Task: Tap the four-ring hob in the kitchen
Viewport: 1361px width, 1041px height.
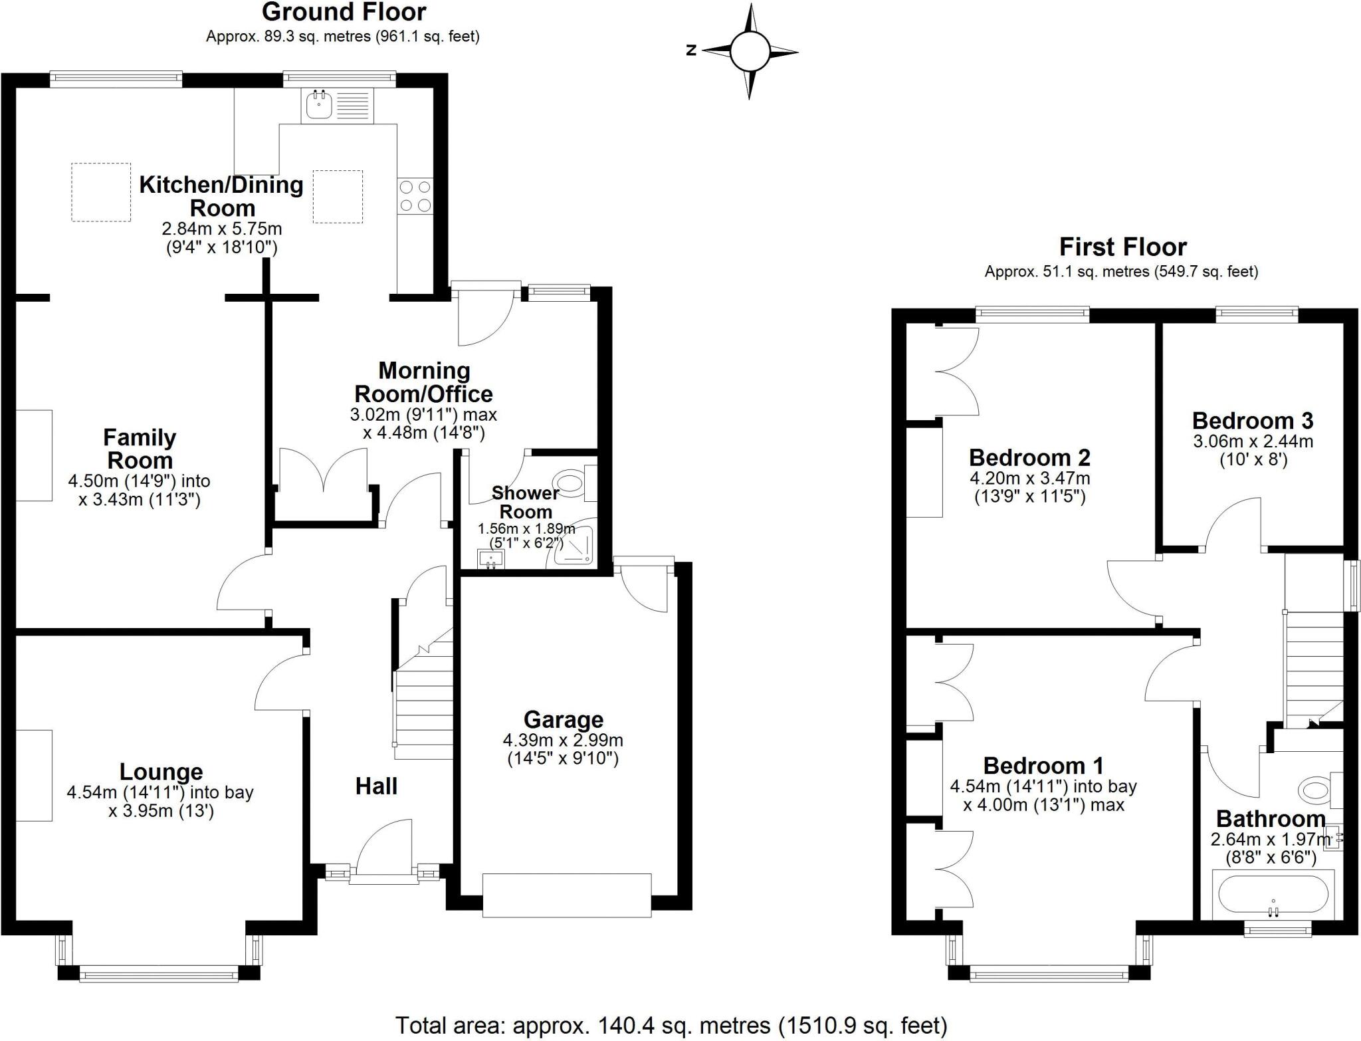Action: pyautogui.click(x=415, y=197)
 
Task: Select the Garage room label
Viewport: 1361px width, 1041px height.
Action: pyautogui.click(x=563, y=719)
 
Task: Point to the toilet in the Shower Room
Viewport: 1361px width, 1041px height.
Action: pyautogui.click(x=570, y=483)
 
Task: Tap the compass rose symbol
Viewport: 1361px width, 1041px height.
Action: pyautogui.click(x=750, y=51)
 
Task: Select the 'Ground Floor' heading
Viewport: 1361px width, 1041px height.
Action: pyautogui.click(x=344, y=12)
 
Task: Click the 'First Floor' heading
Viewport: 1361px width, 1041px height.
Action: pyautogui.click(x=1122, y=247)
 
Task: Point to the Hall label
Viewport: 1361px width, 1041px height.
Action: pyautogui.click(x=376, y=786)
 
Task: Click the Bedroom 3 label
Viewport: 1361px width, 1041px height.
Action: pyautogui.click(x=1253, y=421)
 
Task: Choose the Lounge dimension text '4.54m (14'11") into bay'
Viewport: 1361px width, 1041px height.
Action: pyautogui.click(x=160, y=792)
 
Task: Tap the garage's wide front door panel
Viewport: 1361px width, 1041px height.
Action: pyautogui.click(x=566, y=895)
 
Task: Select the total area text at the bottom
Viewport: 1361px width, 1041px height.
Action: pyautogui.click(x=671, y=1026)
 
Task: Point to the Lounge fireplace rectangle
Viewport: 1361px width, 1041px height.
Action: pyautogui.click(x=34, y=775)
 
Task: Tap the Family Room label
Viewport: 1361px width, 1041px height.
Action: pyautogui.click(x=140, y=449)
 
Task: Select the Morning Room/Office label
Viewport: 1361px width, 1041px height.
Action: pyautogui.click(x=424, y=382)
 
